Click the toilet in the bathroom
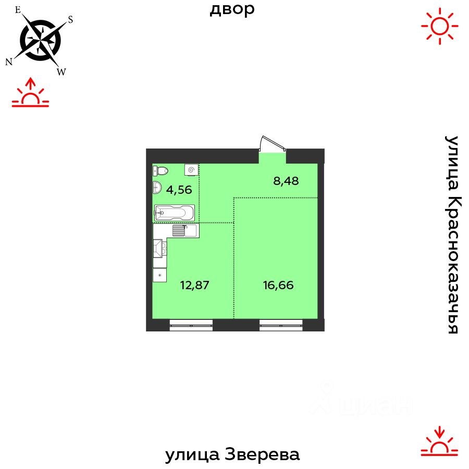[161, 170]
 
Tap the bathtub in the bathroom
[174, 213]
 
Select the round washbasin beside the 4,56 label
[156, 189]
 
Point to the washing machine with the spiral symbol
[191, 170]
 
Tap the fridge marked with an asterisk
[159, 275]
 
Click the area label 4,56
[179, 190]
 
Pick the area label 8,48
[287, 181]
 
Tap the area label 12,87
[194, 285]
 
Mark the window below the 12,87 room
[191, 326]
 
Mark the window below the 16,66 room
[281, 326]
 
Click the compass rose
[40, 39]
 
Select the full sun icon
[440, 26]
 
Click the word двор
[232, 9]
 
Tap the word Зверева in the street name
[263, 455]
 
